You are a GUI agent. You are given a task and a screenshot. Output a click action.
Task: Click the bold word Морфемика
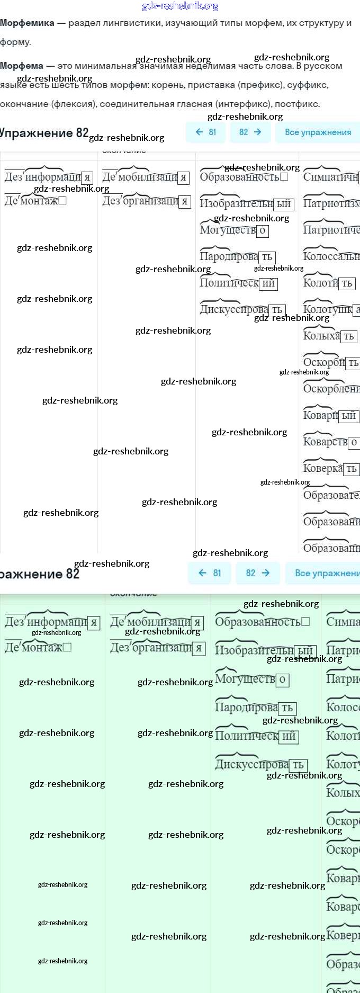27,23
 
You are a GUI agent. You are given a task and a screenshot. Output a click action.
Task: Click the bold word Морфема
22,66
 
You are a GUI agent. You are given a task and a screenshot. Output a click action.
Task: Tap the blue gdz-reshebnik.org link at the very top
180,6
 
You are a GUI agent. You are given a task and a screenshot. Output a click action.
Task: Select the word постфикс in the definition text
297,104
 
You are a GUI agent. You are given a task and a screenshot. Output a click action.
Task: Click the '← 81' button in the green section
209,573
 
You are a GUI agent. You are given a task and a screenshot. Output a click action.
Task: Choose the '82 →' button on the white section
250,132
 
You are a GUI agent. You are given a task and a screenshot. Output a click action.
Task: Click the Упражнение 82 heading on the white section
44,133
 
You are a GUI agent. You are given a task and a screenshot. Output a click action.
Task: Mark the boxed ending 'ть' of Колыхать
349,336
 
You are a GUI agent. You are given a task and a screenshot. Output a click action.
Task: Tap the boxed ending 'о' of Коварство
354,442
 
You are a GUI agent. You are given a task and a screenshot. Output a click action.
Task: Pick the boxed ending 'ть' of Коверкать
351,469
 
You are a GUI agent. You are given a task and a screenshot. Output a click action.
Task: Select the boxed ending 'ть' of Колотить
347,283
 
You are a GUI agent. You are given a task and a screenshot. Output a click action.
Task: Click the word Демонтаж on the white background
31,201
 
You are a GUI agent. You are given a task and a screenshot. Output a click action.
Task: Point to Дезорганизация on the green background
151,647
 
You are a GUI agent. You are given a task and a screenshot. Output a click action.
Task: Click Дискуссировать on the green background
253,764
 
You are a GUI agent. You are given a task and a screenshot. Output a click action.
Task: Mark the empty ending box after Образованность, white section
284,177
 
